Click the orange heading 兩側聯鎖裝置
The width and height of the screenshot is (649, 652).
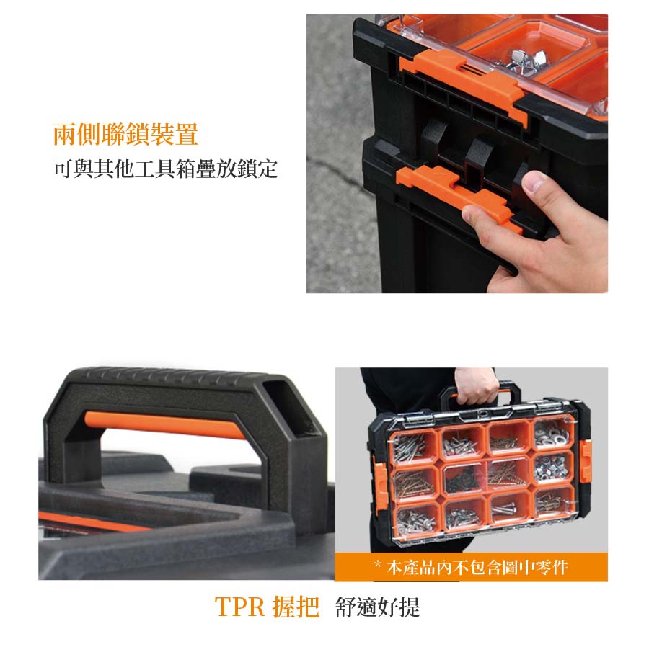tap(125, 134)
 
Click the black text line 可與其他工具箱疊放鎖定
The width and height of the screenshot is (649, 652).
tap(165, 169)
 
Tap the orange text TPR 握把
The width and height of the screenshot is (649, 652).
tap(267, 607)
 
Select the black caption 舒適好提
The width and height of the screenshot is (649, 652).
tap(377, 607)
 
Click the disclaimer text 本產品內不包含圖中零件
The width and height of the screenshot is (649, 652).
tap(477, 567)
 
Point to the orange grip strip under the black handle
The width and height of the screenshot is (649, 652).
tap(165, 425)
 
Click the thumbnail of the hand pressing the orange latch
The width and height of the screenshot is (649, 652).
tap(456, 153)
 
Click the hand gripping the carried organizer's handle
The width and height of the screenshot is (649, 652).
tap(476, 386)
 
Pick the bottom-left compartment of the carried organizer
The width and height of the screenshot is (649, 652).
tap(417, 518)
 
